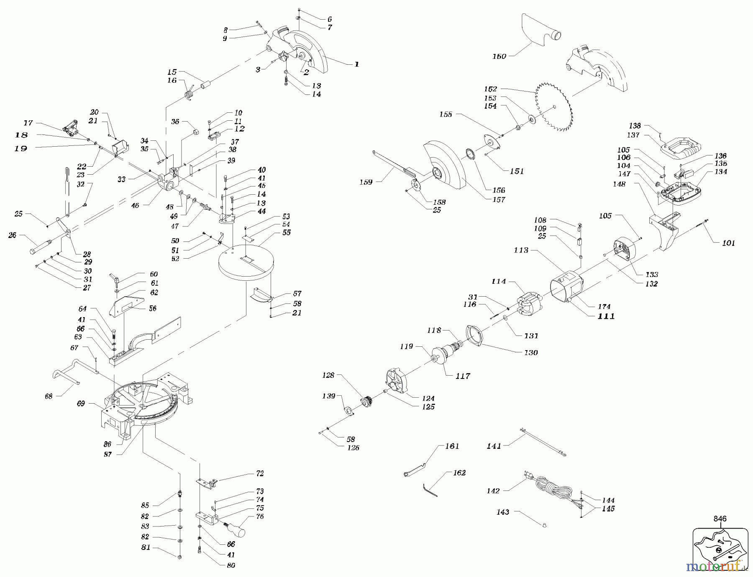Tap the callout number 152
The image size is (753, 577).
490,89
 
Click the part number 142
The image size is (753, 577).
493,491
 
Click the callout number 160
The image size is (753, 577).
499,56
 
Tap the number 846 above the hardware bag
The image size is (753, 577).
720,519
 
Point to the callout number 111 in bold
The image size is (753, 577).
606,316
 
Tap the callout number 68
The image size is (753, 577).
49,396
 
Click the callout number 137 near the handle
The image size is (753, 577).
633,135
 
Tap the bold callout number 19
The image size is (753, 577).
21,148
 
